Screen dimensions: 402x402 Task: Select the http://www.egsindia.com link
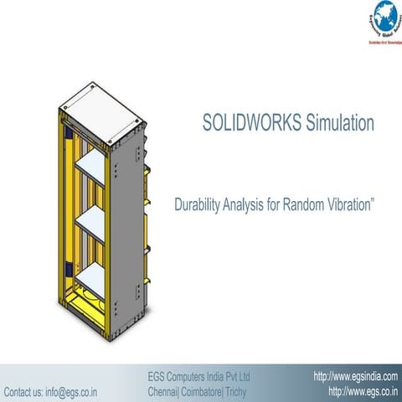[355, 376]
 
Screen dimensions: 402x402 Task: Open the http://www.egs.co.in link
[362, 391]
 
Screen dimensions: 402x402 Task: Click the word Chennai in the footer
[164, 391]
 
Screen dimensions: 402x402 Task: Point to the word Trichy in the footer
[251, 391]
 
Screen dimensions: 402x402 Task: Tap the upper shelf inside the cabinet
[91, 167]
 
